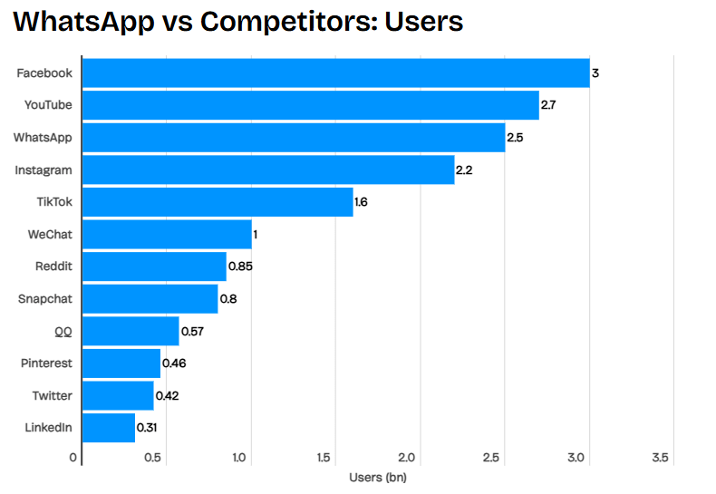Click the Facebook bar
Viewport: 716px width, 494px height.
point(335,73)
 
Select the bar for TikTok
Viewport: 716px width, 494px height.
point(218,202)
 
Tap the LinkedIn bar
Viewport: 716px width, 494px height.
point(109,428)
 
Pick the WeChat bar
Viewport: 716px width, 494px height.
point(167,234)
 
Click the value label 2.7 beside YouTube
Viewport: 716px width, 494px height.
point(547,105)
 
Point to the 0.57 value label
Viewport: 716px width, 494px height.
point(192,331)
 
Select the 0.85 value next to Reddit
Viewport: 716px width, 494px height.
point(240,266)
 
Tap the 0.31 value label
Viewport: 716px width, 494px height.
point(147,428)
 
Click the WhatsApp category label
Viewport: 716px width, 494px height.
point(43,138)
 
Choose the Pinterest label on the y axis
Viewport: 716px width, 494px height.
point(46,363)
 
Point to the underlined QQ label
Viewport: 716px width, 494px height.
point(62,331)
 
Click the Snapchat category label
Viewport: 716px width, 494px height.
point(45,298)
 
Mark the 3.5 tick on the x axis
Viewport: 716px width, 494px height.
point(660,458)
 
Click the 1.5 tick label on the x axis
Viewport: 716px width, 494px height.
point(323,458)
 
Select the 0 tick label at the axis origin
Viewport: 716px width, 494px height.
point(73,458)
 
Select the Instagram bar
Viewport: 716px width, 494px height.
point(268,170)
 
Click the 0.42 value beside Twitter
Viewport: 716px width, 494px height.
point(167,396)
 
